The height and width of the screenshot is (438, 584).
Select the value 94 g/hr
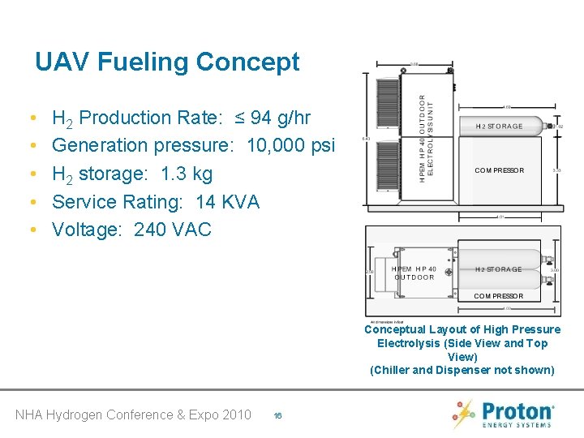click(281, 118)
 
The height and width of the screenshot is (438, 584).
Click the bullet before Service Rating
click(30, 202)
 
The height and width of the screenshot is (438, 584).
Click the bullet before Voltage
click(30, 230)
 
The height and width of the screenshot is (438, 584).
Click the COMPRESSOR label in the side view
click(499, 170)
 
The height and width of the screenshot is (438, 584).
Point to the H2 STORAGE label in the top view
click(499, 269)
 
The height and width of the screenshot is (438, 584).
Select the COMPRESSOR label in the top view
click(498, 296)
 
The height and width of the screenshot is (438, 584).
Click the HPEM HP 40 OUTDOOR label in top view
click(414, 273)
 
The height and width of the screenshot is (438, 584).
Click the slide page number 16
click(277, 415)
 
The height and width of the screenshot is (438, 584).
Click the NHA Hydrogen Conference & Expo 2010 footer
click(133, 414)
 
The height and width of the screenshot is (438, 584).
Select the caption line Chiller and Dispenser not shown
click(462, 371)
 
